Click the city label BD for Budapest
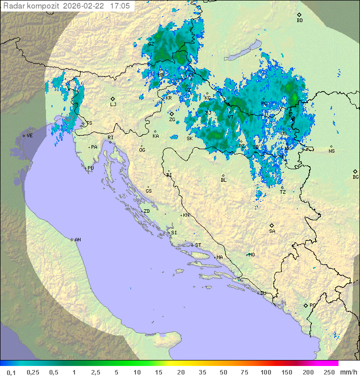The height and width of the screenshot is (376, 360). coord(299,21)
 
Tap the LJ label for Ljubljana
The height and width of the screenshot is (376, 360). coord(113,105)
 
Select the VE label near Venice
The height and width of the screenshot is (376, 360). coord(29,136)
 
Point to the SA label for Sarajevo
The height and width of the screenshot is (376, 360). coord(272,231)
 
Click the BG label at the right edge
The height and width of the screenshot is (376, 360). coord(355,177)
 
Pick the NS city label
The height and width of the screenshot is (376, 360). coord(331,151)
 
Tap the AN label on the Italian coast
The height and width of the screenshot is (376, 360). coord(77,240)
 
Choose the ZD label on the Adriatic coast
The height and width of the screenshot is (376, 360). coord(146,211)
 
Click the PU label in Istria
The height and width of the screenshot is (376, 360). coord(90,168)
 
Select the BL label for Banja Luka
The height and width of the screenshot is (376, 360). coord(223,180)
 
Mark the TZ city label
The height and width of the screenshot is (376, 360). coord(282,192)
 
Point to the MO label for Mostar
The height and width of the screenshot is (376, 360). coord(251,255)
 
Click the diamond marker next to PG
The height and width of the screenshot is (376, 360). coord(305,305)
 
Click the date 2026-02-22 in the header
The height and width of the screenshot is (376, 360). coord(84,6)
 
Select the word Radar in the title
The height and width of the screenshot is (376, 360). coord(13,6)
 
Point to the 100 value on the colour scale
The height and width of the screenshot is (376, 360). coord(265,372)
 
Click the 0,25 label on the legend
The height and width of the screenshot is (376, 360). coord(33,372)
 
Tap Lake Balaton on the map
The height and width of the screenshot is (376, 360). coord(241,52)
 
